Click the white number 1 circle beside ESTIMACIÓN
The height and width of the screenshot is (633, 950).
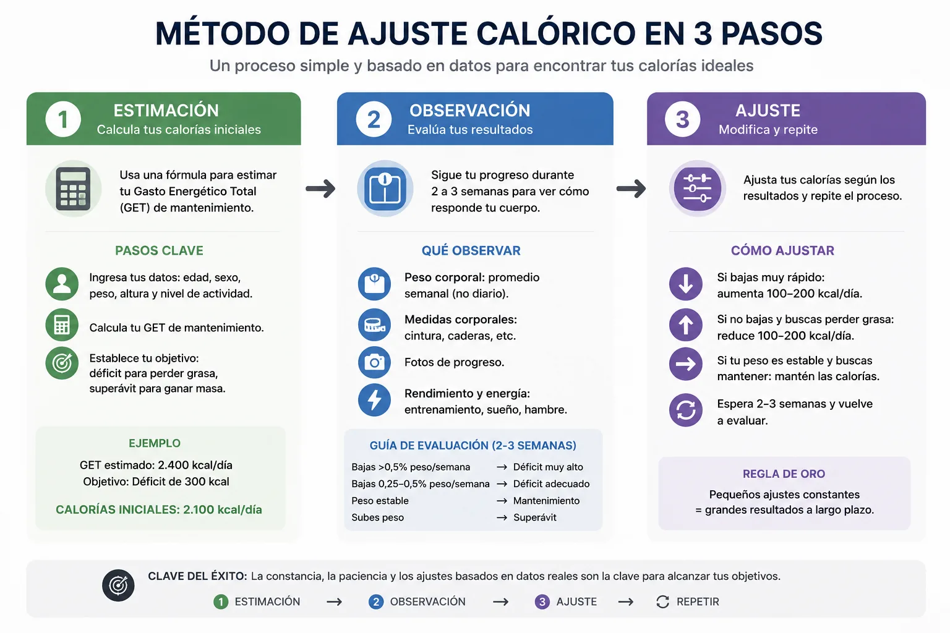click(x=63, y=119)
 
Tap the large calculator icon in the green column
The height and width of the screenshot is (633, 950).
click(x=74, y=189)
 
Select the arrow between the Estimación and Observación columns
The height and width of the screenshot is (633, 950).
click(x=320, y=189)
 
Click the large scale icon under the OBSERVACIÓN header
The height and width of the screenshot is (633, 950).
click(x=385, y=189)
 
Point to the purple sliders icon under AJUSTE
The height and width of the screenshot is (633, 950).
click(x=697, y=189)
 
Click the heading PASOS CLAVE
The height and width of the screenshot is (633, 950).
click(x=159, y=250)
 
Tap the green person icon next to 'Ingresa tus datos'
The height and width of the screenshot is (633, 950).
click(x=62, y=284)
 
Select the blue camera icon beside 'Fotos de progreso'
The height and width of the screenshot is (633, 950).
click(x=374, y=362)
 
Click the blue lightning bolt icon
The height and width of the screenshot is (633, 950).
click(x=374, y=400)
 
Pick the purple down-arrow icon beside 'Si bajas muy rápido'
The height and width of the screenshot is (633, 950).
click(x=686, y=284)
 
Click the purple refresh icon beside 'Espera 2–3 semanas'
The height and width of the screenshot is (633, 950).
click(x=686, y=410)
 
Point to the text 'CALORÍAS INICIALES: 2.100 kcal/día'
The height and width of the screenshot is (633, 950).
click(x=159, y=509)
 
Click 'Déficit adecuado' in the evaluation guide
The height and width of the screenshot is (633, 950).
click(x=551, y=484)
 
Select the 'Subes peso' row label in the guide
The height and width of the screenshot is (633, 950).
click(x=377, y=517)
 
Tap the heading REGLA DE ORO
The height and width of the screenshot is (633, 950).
click(x=784, y=474)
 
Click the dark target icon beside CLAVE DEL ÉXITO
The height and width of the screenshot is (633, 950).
click(x=118, y=585)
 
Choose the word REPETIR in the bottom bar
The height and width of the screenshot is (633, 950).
click(x=698, y=601)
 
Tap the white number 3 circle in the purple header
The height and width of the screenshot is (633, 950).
click(x=682, y=119)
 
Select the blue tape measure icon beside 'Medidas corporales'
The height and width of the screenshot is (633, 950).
click(x=374, y=325)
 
